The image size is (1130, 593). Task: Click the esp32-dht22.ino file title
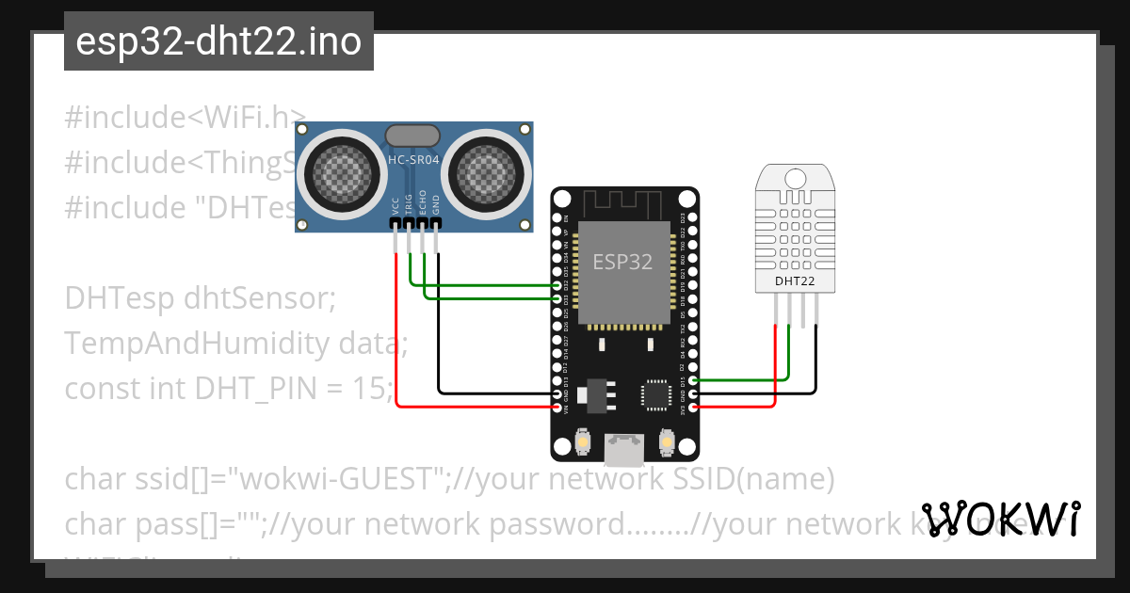pos(218,42)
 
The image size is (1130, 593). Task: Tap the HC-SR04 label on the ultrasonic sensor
pos(414,161)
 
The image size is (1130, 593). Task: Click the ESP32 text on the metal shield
pos(622,262)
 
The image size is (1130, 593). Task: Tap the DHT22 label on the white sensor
pos(795,280)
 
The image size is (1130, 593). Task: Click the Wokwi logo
pos(1001,519)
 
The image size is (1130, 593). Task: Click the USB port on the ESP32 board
pos(623,449)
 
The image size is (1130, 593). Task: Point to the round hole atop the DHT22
pos(795,178)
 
